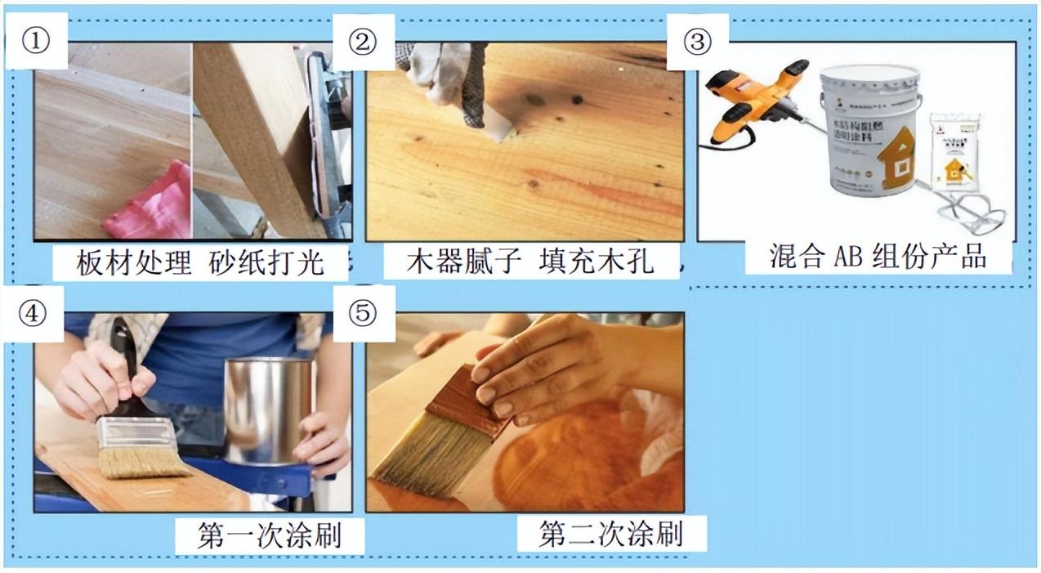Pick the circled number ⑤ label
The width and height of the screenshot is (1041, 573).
(x=364, y=314)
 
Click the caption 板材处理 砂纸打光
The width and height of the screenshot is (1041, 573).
(x=200, y=262)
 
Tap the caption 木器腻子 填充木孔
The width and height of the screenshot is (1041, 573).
(x=531, y=262)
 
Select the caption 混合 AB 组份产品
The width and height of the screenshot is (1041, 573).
(x=878, y=256)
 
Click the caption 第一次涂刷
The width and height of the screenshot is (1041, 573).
(x=269, y=535)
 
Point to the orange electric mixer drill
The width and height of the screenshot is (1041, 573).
(x=756, y=98)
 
